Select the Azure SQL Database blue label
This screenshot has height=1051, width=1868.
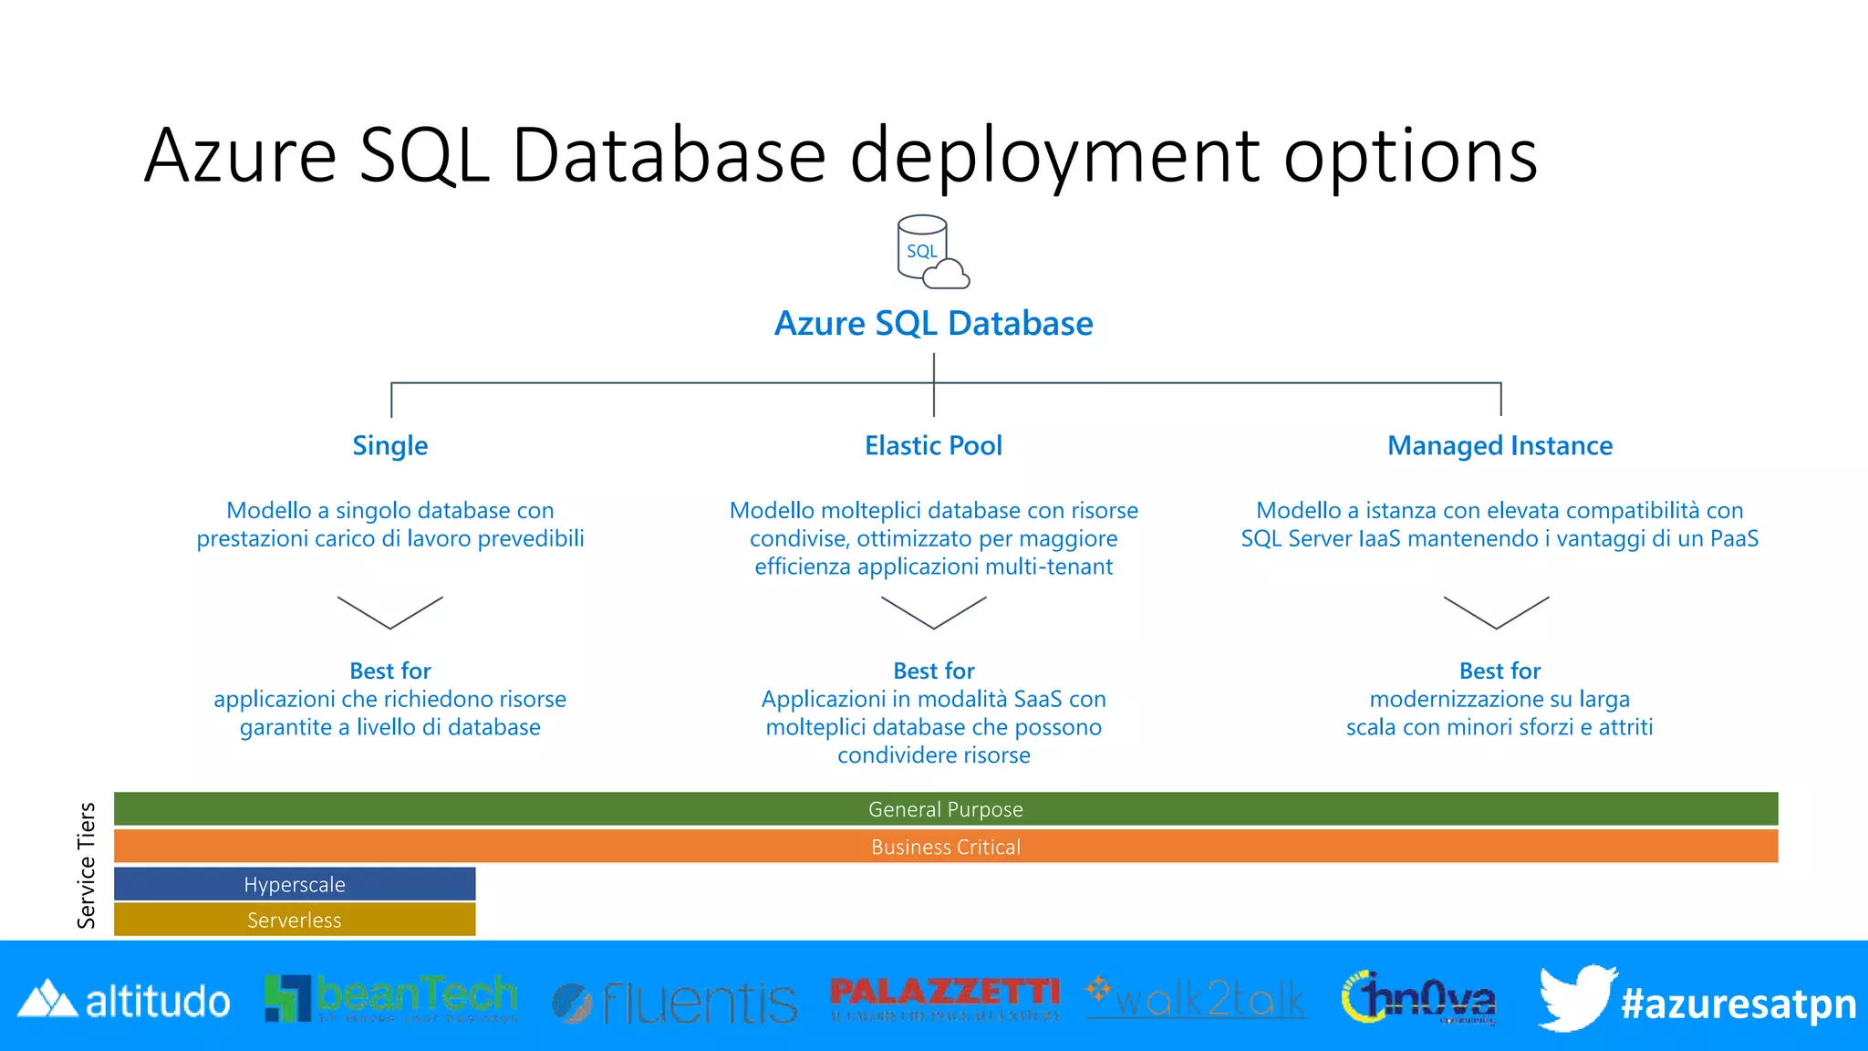(933, 324)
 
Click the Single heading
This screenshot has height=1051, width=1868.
(389, 446)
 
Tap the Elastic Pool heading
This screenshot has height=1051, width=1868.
(933, 446)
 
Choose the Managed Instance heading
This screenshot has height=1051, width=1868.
(1500, 446)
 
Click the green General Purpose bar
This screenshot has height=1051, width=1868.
(945, 809)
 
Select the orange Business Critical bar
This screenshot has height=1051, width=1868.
(945, 847)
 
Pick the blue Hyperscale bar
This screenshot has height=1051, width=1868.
(295, 884)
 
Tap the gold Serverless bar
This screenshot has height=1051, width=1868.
(295, 920)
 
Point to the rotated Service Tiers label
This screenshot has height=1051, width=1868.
(87, 865)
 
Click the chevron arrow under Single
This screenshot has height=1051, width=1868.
(389, 612)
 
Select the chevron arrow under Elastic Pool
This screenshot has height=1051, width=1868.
(933, 612)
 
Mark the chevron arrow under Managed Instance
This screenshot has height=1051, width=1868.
(1496, 612)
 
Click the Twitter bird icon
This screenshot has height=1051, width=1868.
(1575, 998)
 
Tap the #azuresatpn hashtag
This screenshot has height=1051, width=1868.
(1738, 1004)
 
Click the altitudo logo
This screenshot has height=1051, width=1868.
(124, 1001)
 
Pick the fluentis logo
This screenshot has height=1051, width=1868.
(675, 1003)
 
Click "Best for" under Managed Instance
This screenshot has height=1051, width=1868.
(1500, 671)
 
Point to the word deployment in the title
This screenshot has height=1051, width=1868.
(1055, 157)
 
